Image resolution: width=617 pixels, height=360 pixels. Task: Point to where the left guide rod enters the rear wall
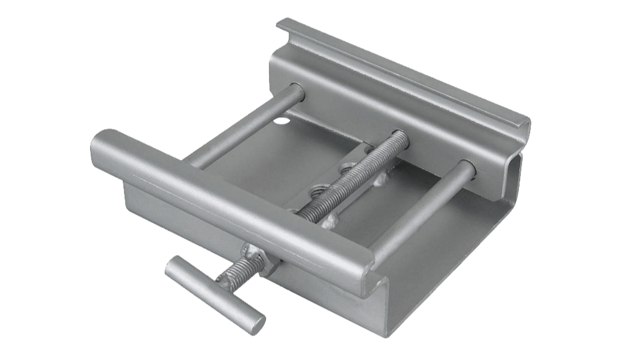297,91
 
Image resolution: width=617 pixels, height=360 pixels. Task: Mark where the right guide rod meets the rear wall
468,168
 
